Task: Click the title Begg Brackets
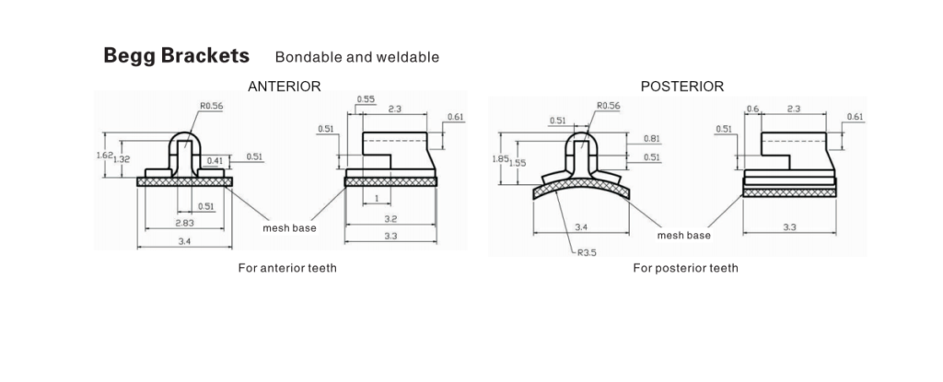tap(176, 56)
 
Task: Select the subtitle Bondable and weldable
tap(357, 57)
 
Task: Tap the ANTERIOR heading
tap(285, 87)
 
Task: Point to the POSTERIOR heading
tap(682, 87)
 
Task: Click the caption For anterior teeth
tap(287, 268)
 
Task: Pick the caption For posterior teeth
tap(685, 268)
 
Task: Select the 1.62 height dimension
tap(104, 156)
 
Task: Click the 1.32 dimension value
tap(122, 159)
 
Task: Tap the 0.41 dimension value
tap(214, 160)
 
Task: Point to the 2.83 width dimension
tap(185, 223)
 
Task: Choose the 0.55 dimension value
tap(366, 99)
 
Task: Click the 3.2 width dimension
tap(390, 219)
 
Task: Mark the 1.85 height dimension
tap(500, 159)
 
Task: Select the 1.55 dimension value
tap(518, 162)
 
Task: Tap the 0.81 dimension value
tap(651, 138)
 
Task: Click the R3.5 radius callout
tap(587, 252)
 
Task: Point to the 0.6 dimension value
tap(752, 109)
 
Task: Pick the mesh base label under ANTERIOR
tap(289, 228)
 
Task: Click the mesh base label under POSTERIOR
tap(684, 236)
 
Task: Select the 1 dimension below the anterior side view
tap(377, 199)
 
